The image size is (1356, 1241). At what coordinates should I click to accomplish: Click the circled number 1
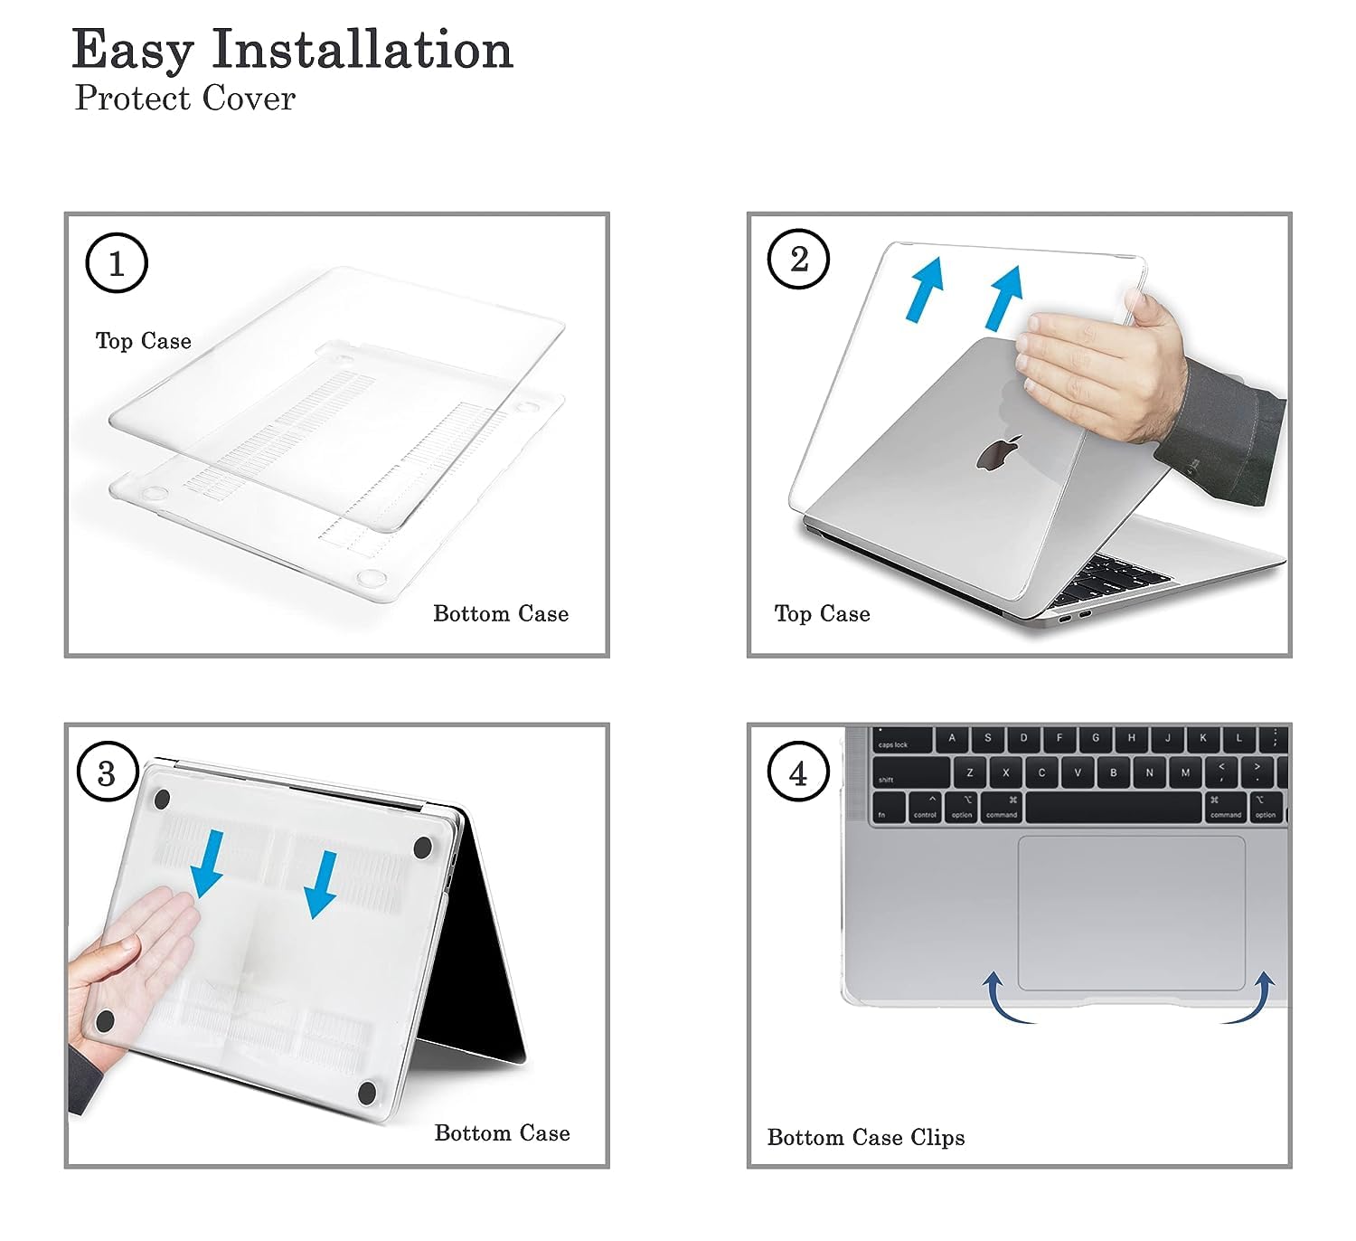click(x=117, y=262)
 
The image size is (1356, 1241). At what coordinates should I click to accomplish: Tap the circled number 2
click(x=798, y=260)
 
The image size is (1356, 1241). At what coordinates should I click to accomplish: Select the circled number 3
click(x=108, y=772)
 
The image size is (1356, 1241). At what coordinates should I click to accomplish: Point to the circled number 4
click(x=798, y=772)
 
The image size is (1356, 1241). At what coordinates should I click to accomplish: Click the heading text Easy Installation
click(x=292, y=49)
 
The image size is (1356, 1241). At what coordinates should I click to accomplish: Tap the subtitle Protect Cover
click(x=184, y=98)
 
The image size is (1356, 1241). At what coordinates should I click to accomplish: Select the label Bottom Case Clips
click(x=866, y=1138)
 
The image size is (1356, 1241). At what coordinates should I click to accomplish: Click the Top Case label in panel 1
click(x=144, y=340)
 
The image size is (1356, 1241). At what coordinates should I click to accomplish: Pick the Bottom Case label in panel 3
click(x=503, y=1132)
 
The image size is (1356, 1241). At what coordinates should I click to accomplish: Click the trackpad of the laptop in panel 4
click(x=1132, y=913)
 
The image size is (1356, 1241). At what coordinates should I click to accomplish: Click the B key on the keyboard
click(x=1114, y=772)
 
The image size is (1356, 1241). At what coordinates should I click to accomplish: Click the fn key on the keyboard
click(x=889, y=809)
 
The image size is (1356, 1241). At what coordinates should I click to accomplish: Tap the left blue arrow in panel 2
click(x=925, y=289)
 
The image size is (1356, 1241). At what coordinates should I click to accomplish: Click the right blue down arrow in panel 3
click(x=321, y=885)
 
